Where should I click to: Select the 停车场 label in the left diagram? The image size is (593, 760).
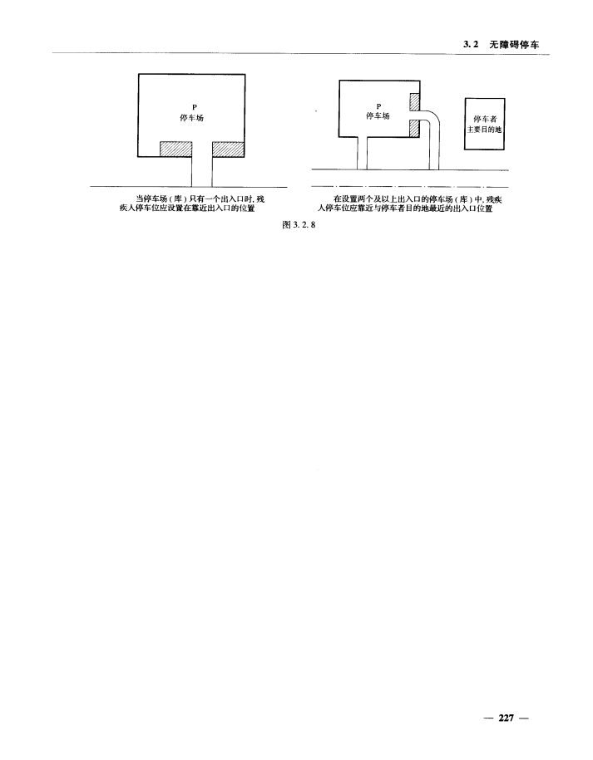pos(192,118)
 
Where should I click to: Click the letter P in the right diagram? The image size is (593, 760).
pos(378,106)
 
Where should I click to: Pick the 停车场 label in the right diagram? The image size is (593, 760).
pos(378,116)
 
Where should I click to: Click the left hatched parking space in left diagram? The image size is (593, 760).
pos(175,150)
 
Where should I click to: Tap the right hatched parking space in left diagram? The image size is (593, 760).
pos(227,150)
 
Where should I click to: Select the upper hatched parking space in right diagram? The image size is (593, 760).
pos(414,102)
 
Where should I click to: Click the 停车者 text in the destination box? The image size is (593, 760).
pos(484,120)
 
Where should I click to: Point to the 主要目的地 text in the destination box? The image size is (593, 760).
pos(484,130)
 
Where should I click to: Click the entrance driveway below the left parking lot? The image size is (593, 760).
pos(202,170)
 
